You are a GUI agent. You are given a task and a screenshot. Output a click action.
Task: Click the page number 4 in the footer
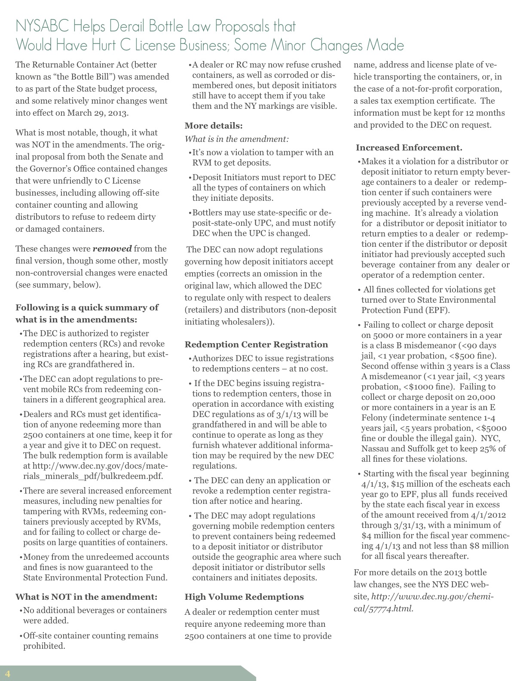click(x=7, y=673)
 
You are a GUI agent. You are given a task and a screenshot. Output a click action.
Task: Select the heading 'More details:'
click(x=214, y=126)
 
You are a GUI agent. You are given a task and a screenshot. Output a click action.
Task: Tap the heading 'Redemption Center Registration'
click(x=256, y=344)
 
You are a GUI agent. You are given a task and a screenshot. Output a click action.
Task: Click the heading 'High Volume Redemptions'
click(x=244, y=597)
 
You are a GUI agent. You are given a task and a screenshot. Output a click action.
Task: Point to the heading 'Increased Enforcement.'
click(x=409, y=147)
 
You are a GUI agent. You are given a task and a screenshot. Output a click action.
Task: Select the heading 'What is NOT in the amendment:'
click(x=86, y=597)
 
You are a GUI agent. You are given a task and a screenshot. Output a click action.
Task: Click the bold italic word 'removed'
click(x=112, y=248)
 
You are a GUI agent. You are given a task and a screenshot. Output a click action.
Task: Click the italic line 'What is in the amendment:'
click(x=237, y=139)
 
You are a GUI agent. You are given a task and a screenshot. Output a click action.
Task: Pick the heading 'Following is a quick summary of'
click(x=87, y=307)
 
